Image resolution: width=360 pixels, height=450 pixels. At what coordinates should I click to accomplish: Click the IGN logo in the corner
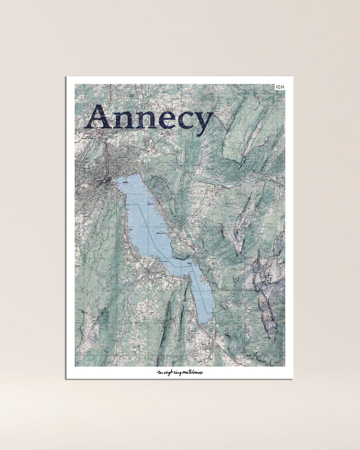[x=280, y=87]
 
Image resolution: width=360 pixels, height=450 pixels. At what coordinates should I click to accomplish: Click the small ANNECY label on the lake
[x=125, y=183]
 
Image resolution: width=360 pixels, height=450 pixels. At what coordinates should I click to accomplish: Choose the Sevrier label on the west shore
[x=131, y=230]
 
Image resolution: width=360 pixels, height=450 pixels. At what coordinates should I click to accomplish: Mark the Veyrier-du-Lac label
[x=152, y=204]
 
